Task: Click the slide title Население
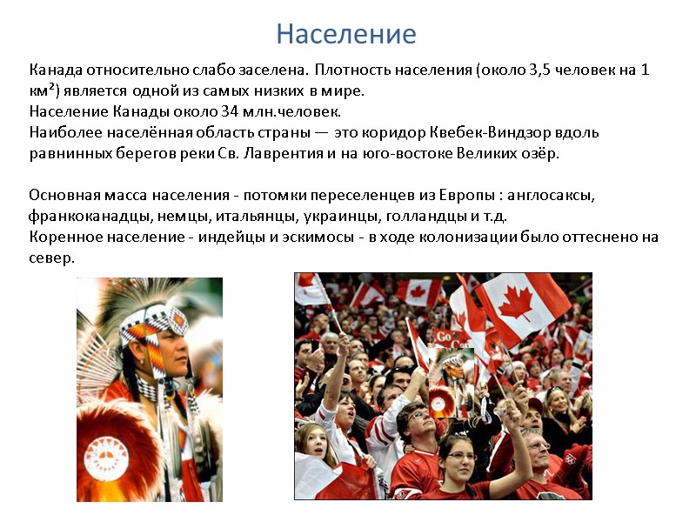(x=346, y=34)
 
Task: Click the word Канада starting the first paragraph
(x=54, y=69)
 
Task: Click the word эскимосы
(x=299, y=237)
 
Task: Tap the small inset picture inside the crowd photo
(x=450, y=382)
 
